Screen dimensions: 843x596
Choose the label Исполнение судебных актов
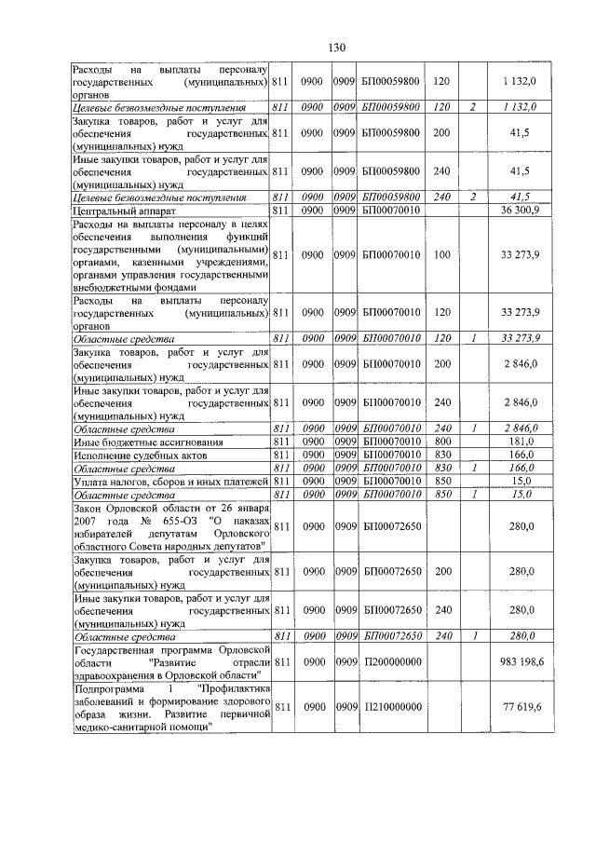tap(133, 454)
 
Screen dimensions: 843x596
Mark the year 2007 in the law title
tap(86, 520)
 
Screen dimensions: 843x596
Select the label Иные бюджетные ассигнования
tap(135, 440)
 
